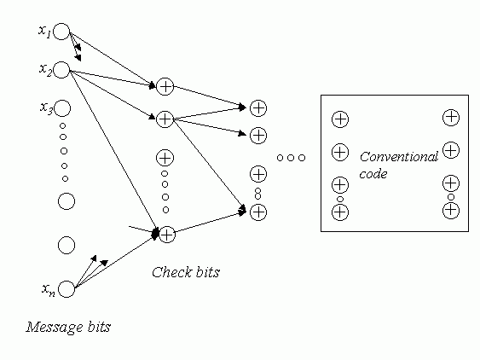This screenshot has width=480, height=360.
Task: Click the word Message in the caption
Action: [x=55, y=328]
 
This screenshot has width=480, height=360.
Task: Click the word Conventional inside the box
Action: [x=399, y=157]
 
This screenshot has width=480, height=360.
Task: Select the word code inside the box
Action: [x=373, y=174]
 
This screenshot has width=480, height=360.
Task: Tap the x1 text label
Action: [x=44, y=31]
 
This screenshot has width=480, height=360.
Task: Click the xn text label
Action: [x=49, y=289]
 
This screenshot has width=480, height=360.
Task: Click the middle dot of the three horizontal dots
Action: [x=291, y=158]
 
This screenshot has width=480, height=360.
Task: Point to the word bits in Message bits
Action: [x=99, y=327]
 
